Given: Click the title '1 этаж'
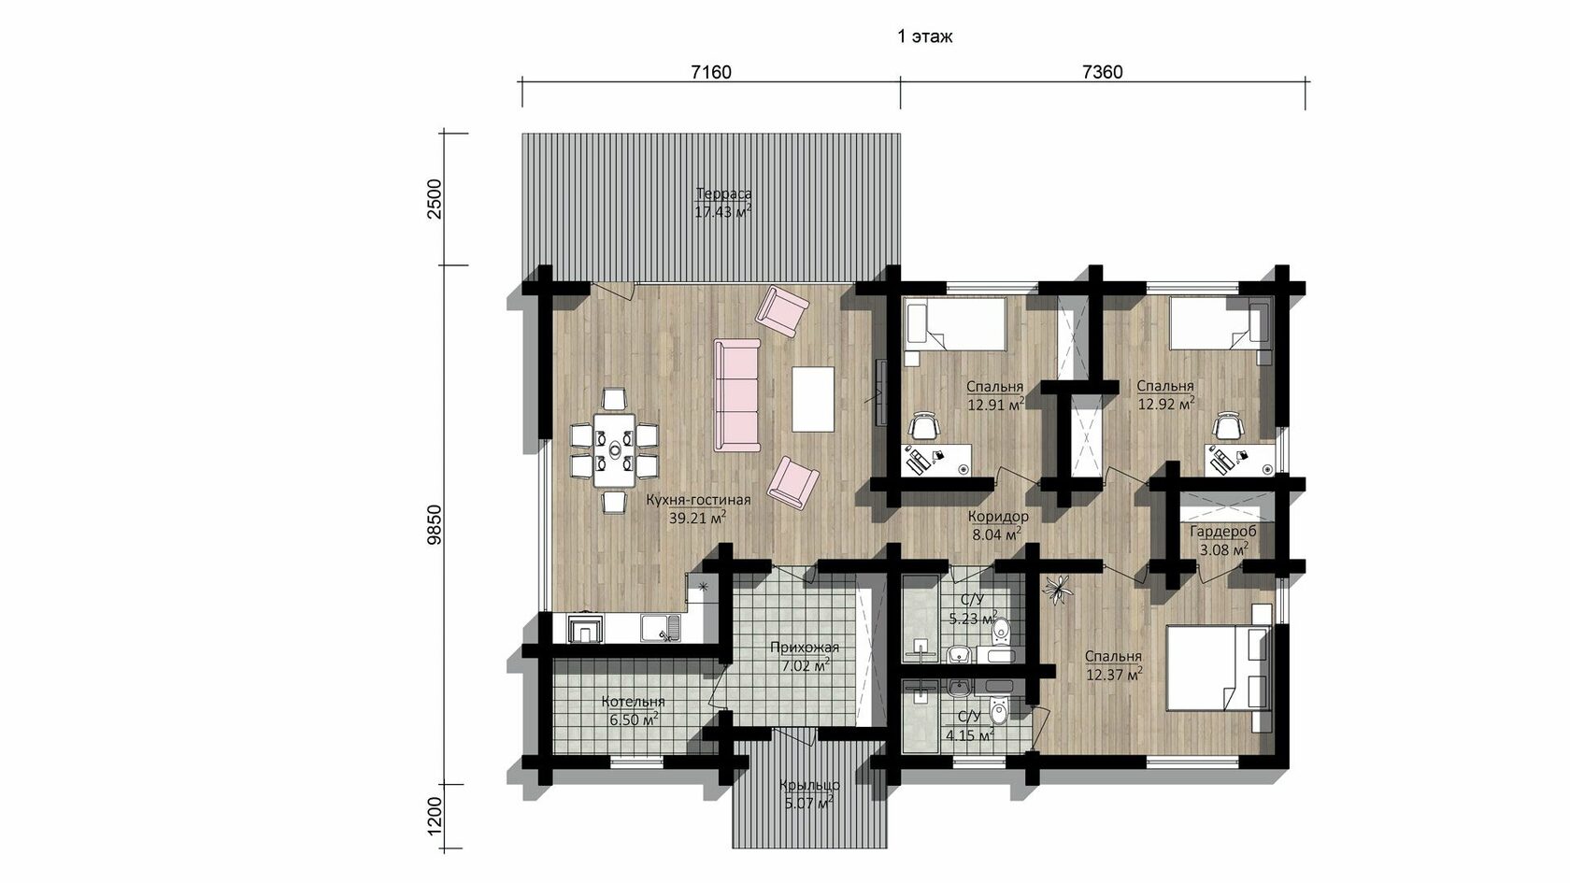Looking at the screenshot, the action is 924,36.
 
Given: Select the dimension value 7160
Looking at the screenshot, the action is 710,72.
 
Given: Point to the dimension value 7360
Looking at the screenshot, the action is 1103,72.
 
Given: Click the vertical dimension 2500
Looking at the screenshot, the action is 435,199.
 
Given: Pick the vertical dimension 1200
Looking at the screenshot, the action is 435,816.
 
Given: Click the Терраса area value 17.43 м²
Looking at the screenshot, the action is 723,211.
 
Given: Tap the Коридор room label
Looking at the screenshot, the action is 998,518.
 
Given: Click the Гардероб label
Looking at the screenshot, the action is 1223,533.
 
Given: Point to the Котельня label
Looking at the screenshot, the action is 633,702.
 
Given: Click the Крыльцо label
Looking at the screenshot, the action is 809,786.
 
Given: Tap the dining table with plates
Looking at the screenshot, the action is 615,450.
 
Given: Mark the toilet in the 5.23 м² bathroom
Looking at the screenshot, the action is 1000,630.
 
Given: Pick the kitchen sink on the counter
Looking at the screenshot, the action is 170,628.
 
